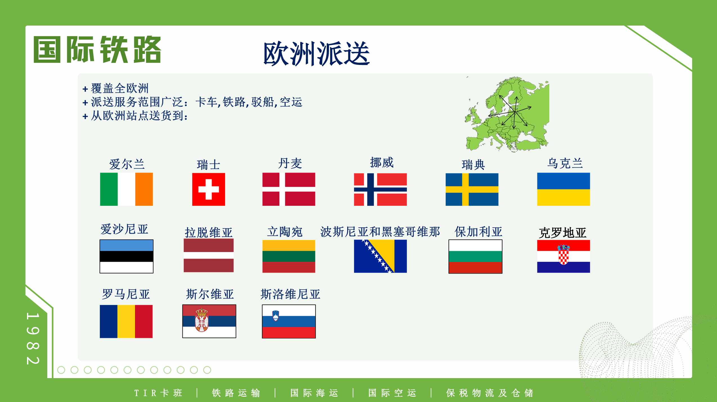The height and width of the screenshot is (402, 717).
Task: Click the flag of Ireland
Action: coord(126,189)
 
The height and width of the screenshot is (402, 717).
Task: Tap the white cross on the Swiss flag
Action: coord(209,189)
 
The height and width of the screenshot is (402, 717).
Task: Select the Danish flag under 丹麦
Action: coord(289,189)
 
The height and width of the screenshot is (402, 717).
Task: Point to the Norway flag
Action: coord(380,189)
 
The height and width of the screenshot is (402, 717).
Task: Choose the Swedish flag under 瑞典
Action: coord(472,189)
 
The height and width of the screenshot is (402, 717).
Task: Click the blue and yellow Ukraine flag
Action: coord(563,189)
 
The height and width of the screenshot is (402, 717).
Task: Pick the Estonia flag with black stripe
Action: coord(126,256)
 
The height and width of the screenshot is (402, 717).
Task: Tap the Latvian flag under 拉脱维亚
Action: coord(209,256)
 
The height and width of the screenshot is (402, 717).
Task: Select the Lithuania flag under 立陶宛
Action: coord(289,256)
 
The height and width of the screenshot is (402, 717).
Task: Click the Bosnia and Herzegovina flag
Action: coord(380,256)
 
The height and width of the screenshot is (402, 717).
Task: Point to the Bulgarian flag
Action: coord(475,256)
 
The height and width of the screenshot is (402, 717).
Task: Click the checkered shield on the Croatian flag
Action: coord(563,255)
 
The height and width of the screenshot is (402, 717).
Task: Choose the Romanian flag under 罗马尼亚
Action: coord(126,321)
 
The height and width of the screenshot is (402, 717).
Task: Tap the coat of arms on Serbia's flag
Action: coord(202,320)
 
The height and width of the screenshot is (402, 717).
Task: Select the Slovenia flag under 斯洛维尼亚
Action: coord(289,321)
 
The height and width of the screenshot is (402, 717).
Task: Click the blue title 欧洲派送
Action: coord(316,53)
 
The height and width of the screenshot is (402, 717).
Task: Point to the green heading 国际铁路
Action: coord(97,49)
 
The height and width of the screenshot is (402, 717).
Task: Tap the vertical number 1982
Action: coord(33,338)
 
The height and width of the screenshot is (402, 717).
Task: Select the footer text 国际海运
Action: coord(314,393)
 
